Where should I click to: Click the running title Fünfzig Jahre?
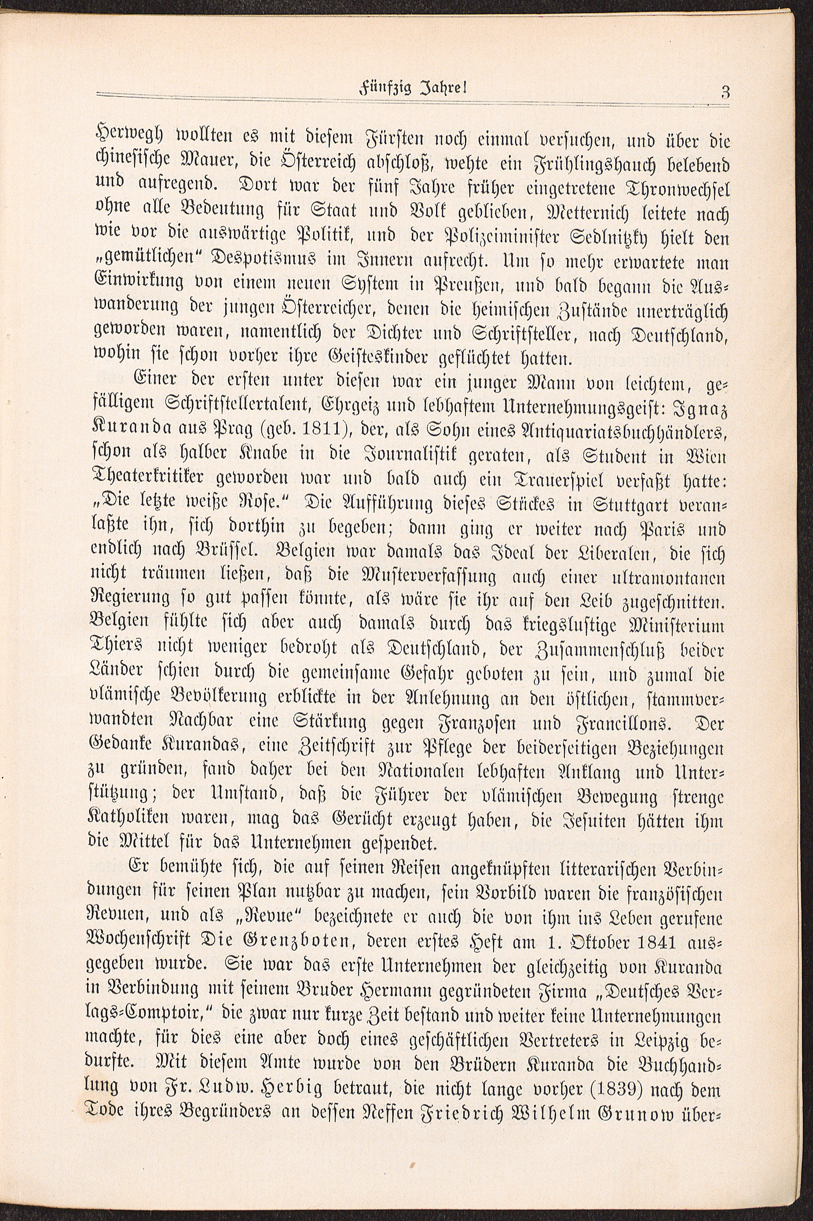click(x=413, y=89)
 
